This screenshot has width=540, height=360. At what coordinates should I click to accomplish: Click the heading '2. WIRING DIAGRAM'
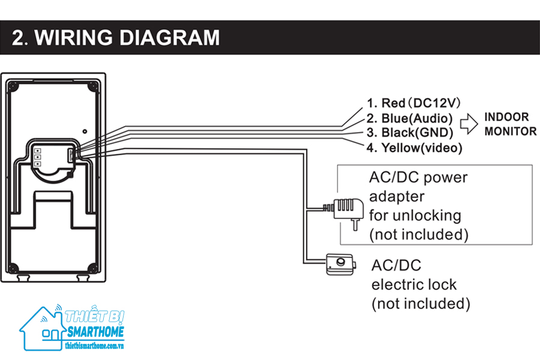pyautogui.click(x=116, y=38)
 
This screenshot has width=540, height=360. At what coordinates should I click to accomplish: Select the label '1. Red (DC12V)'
pyautogui.click(x=413, y=103)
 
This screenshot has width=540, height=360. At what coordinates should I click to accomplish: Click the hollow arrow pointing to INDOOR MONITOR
pyautogui.click(x=469, y=124)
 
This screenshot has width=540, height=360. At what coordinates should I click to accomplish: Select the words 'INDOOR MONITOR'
pyautogui.click(x=510, y=124)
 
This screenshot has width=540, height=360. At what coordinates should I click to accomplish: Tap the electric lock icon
pyautogui.click(x=340, y=264)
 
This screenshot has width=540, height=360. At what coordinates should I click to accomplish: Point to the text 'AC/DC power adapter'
pyautogui.click(x=418, y=187)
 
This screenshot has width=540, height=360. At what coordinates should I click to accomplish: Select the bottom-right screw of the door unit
pyautogui.click(x=92, y=268)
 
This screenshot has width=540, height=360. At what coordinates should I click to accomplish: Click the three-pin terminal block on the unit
pyautogui.click(x=37, y=157)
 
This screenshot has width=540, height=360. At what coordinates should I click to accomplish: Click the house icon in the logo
pyautogui.click(x=41, y=328)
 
